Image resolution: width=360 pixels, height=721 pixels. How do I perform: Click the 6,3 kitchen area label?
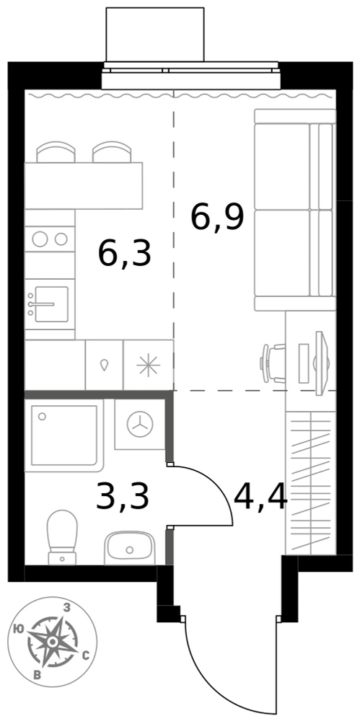[124, 254]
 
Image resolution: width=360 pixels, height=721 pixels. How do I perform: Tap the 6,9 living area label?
[217, 218]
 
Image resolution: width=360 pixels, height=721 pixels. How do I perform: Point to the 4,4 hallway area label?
[260, 496]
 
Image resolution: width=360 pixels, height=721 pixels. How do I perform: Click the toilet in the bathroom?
[63, 537]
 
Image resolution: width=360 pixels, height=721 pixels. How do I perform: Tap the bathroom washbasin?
[129, 548]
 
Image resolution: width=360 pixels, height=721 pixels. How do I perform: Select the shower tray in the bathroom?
[63, 435]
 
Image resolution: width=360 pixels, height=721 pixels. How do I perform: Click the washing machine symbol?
[139, 424]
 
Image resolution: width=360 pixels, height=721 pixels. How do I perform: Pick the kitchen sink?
[50, 304]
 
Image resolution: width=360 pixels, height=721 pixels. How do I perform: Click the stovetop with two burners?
[50, 239]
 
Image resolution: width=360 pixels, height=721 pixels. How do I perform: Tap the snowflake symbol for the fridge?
[148, 365]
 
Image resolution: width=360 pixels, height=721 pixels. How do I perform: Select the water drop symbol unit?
[105, 365]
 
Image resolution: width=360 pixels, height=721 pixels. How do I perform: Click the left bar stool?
[56, 151]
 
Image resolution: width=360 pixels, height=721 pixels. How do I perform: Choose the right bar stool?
[112, 151]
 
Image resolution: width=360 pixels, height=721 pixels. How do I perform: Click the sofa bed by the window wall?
[295, 210]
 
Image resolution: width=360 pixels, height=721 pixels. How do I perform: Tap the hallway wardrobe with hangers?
[311, 483]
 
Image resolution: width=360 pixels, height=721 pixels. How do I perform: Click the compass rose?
[53, 642]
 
